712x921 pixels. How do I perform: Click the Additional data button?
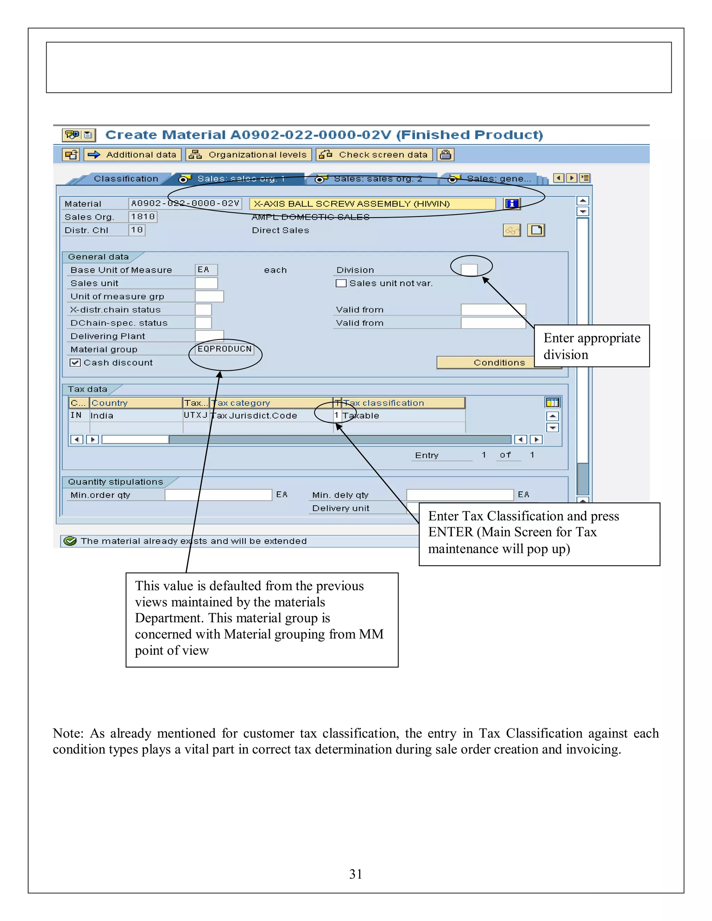[133, 155]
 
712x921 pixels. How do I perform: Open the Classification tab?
[126, 179]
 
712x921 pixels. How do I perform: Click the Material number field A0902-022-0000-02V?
[185, 203]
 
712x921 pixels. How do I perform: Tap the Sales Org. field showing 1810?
[143, 217]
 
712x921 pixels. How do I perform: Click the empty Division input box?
[469, 269]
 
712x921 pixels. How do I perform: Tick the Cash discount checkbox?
[75, 362]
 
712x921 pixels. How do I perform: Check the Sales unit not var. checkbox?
[341, 283]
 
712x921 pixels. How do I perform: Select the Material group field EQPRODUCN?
[224, 349]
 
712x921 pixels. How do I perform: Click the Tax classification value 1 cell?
[337, 415]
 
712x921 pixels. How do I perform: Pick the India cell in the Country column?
[135, 415]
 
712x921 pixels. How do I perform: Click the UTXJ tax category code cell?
[196, 415]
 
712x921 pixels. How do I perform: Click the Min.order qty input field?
[218, 495]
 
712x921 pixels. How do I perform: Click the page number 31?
[356, 874]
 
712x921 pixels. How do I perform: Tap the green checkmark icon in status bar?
[70, 541]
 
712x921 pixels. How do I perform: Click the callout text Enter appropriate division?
[591, 346]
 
